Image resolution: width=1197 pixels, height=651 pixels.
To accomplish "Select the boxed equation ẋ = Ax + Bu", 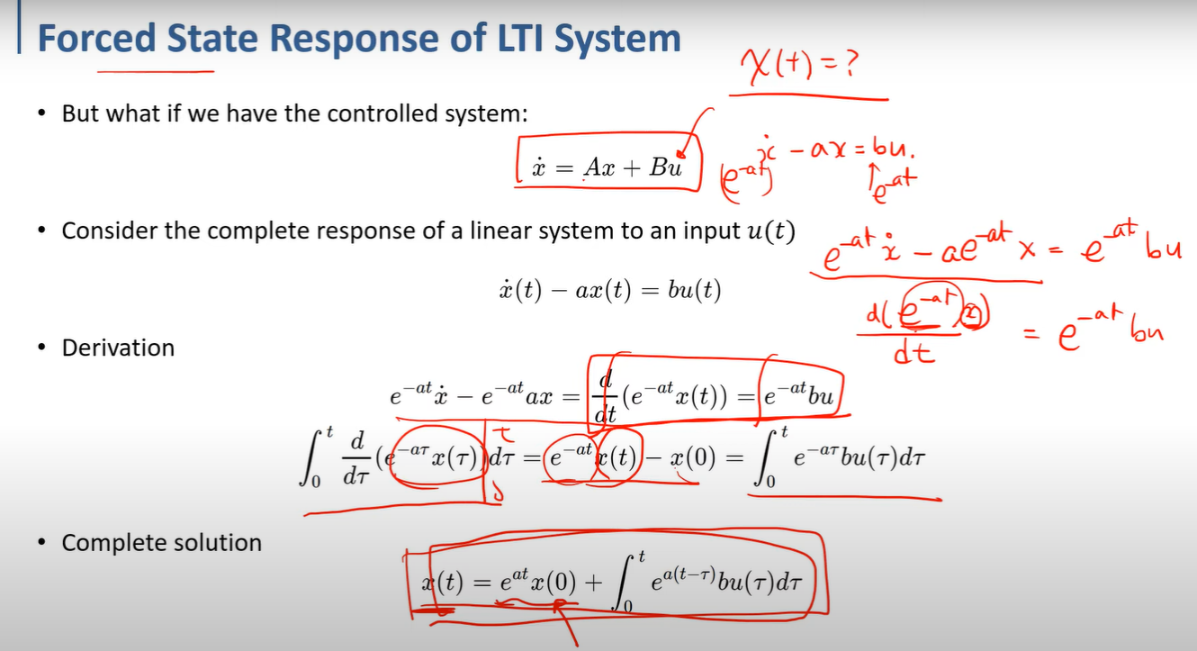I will pyautogui.click(x=607, y=167).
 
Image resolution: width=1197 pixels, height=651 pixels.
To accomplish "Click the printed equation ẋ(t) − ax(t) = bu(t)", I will pyautogui.click(x=604, y=290).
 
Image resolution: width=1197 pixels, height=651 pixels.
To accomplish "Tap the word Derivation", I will pyautogui.click(x=118, y=348).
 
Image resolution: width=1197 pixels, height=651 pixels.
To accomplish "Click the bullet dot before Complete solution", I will pyautogui.click(x=42, y=544).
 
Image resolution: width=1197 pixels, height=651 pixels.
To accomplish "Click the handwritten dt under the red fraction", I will pyautogui.click(x=911, y=354).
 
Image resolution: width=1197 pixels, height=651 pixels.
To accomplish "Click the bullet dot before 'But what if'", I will pyautogui.click(x=42, y=115).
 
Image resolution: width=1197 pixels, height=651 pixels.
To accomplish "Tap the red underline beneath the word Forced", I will pyautogui.click(x=155, y=70).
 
